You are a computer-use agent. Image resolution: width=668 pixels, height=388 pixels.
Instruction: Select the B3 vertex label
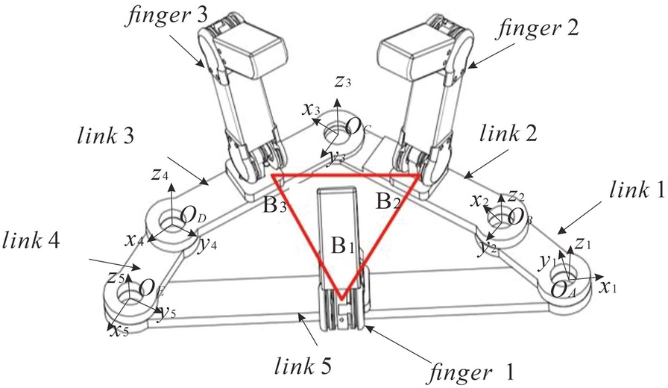click(x=276, y=204)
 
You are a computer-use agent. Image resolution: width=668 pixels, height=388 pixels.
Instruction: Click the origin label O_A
click(x=564, y=290)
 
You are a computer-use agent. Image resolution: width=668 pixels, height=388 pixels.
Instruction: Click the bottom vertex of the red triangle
click(x=341, y=300)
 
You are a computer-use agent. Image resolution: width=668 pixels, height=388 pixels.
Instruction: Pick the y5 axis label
click(x=166, y=312)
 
